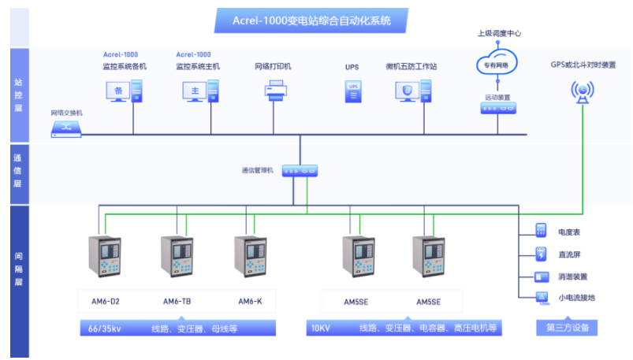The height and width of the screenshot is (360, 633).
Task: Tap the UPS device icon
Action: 352,92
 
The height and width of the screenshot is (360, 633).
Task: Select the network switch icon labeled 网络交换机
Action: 66,128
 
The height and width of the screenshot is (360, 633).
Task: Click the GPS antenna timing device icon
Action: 583,93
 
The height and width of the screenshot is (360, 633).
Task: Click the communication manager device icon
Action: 300,170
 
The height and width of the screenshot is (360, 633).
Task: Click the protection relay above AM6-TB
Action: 177,256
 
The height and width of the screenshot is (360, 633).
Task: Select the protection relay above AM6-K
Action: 250,256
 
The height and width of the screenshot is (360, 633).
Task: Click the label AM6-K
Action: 250,301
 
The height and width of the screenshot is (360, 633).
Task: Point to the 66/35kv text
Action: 106,328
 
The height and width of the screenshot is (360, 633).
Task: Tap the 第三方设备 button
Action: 567,327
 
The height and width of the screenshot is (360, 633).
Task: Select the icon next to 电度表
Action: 541,232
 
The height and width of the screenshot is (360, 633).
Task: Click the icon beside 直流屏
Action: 541,254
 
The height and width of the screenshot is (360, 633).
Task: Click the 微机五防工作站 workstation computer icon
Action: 408,92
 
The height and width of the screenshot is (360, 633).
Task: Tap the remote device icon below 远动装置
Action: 497,109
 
